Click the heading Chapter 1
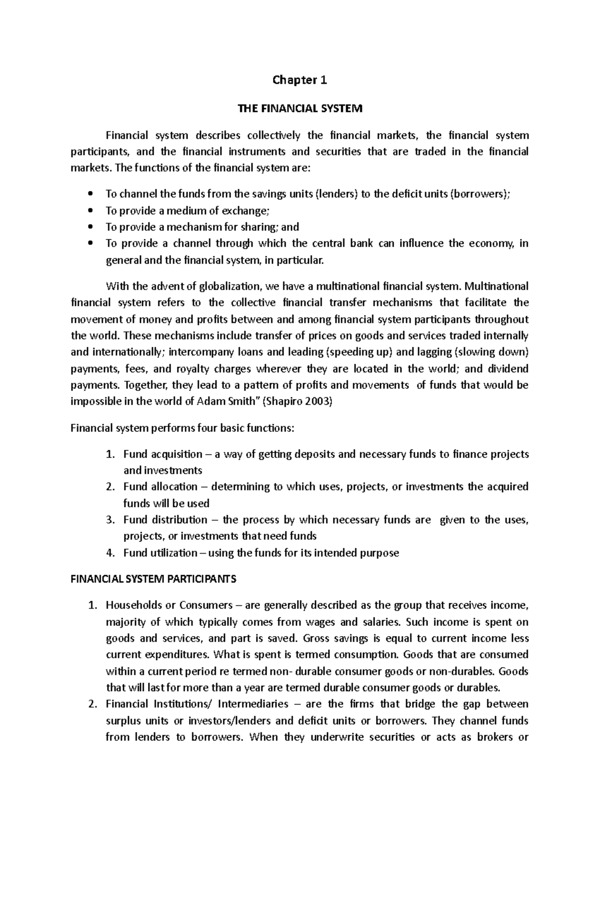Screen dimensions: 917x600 (299, 80)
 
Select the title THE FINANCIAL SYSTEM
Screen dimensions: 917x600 (299, 108)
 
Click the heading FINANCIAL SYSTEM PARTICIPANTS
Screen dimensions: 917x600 (153, 579)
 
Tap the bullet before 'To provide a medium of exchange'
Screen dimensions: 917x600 (90, 210)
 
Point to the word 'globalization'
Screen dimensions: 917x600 (230, 286)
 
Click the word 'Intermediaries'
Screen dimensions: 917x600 (253, 704)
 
